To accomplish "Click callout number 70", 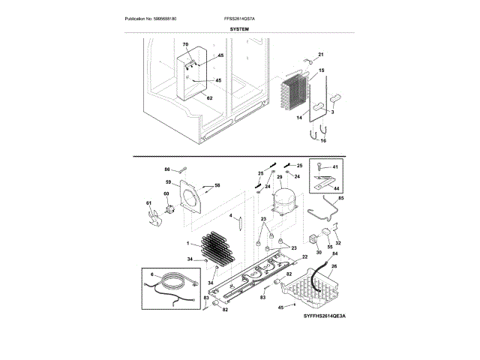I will tap(186, 46).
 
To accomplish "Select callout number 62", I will tap(209, 97).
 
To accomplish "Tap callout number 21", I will tap(321, 54).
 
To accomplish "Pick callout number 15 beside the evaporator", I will tap(321, 70).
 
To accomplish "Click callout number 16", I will tap(323, 140).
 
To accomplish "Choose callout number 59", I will tap(169, 182).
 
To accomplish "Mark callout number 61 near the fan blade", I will tap(148, 203).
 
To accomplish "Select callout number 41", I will tap(335, 166).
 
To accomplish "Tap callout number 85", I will tap(340, 198).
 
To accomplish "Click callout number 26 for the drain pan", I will tap(334, 265).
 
